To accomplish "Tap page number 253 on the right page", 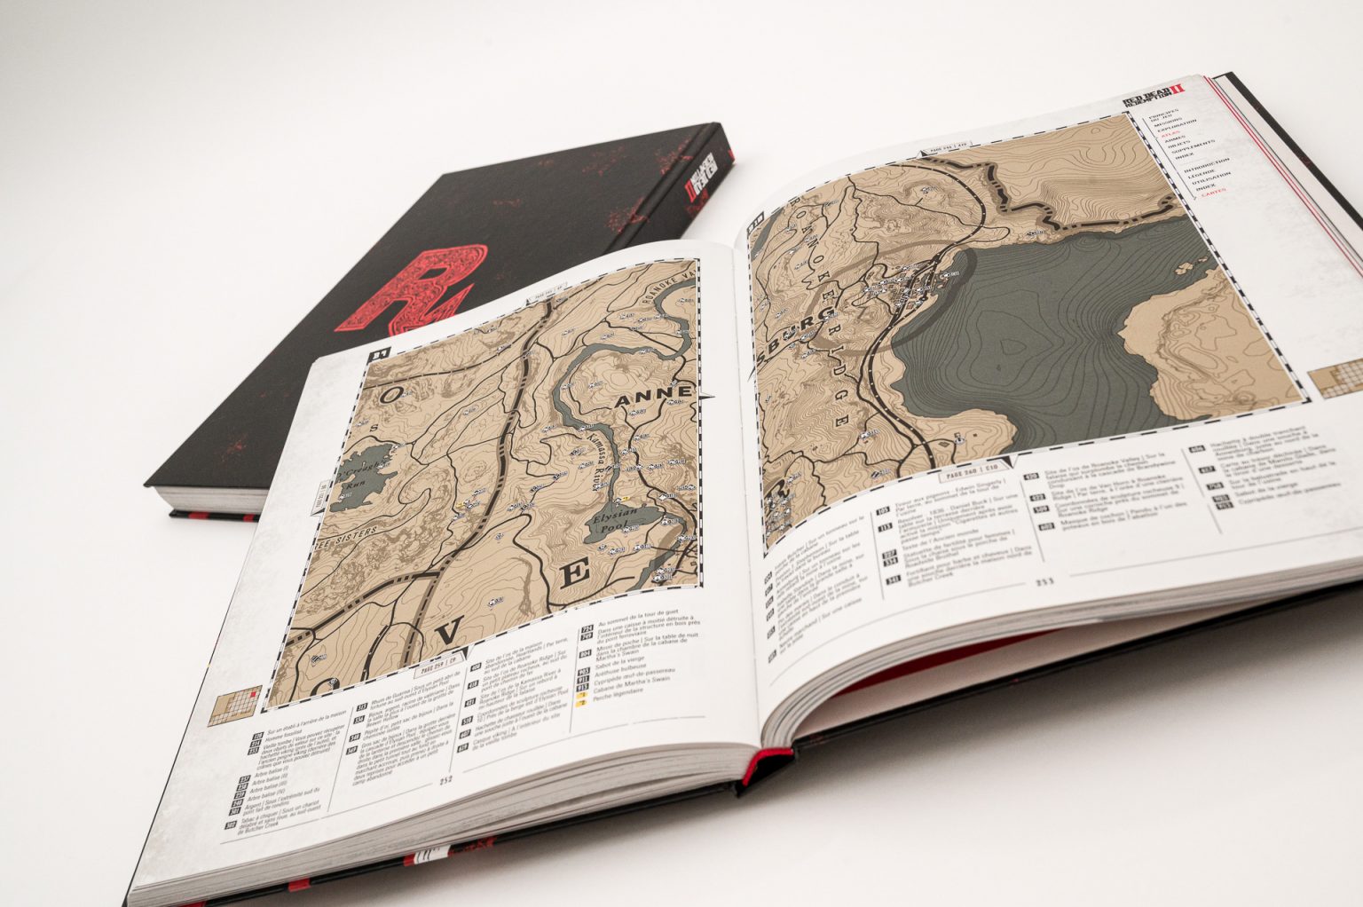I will click(x=1042, y=582).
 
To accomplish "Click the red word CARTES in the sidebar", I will click(x=1215, y=189).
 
